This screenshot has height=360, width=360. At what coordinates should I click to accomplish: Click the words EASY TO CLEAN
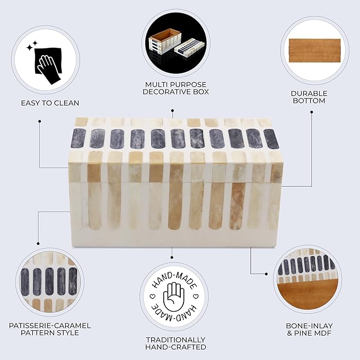(50, 103)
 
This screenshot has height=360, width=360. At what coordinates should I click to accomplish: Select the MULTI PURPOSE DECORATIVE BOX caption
(175, 88)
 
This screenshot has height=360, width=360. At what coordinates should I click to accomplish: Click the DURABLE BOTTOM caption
(309, 97)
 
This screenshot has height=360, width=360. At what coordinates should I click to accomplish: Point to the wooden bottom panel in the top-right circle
(314, 50)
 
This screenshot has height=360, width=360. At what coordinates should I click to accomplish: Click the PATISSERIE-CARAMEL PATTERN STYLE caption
(50, 329)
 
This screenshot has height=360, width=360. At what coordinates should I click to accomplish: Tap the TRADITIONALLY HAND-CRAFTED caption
(175, 343)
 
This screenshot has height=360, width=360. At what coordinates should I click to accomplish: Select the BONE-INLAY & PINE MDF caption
(309, 329)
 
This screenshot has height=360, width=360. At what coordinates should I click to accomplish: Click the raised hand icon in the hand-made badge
(173, 297)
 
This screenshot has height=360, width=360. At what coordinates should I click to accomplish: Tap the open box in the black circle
(165, 41)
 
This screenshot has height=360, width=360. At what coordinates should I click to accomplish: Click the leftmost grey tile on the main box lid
(79, 138)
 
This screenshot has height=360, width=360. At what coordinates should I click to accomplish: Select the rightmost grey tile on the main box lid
(271, 139)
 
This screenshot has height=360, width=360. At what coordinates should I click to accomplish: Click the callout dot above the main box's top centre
(172, 110)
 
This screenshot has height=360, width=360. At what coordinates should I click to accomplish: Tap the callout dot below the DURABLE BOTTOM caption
(312, 112)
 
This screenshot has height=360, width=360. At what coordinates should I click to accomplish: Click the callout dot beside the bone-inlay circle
(266, 274)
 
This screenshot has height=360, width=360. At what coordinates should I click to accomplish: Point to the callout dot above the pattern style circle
(38, 243)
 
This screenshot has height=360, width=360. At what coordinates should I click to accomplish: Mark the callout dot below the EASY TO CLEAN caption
(40, 121)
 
